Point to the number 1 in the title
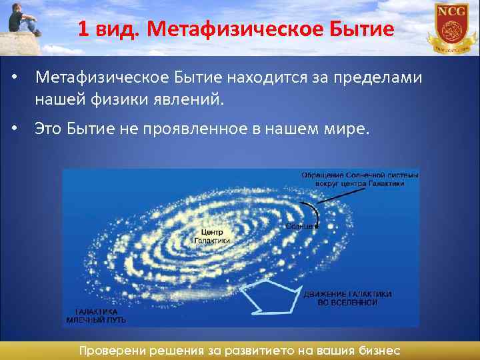tap(82, 30)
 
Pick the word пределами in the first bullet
tap(377, 79)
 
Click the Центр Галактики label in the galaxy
tap(212, 235)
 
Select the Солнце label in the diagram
tap(299, 227)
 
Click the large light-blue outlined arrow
tap(270, 298)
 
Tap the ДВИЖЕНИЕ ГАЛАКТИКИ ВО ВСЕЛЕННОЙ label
tap(347, 298)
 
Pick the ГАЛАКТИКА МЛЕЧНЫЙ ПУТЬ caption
tap(97, 315)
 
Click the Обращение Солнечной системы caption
tap(360, 178)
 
